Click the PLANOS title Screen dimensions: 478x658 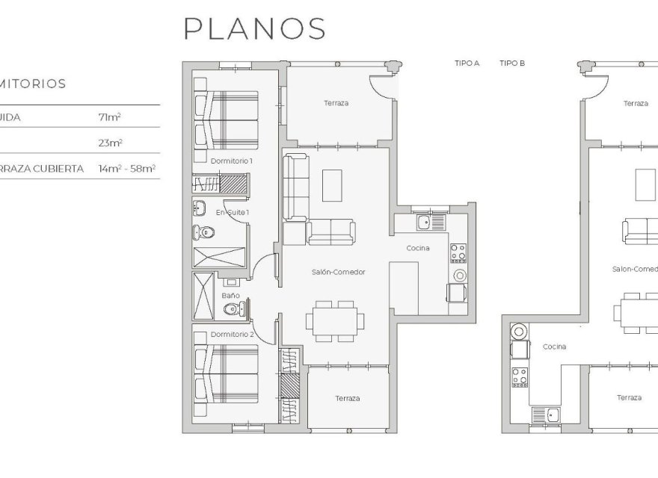pos(255,28)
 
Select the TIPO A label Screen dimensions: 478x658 pos(467,63)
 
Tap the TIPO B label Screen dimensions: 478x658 pos(512,63)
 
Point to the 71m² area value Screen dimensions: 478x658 pos(109,117)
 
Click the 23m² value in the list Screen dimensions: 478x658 pos(110,143)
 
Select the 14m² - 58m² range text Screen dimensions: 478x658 pos(126,169)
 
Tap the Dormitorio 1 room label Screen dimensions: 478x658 pos(232,161)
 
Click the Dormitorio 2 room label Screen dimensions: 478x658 pos(232,334)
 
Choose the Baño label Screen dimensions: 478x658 pos(230,295)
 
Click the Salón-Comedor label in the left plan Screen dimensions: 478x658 pos(338,272)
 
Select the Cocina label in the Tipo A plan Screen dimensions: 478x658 pos(417,248)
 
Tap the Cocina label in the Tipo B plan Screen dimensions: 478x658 pos(554,347)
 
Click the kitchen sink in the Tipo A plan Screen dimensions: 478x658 pos(424,222)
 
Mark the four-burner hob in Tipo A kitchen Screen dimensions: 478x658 pos(458,253)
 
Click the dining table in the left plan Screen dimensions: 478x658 pos(335,320)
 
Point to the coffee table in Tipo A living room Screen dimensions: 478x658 pos(333,185)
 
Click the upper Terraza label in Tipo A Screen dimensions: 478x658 pos(336,103)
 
